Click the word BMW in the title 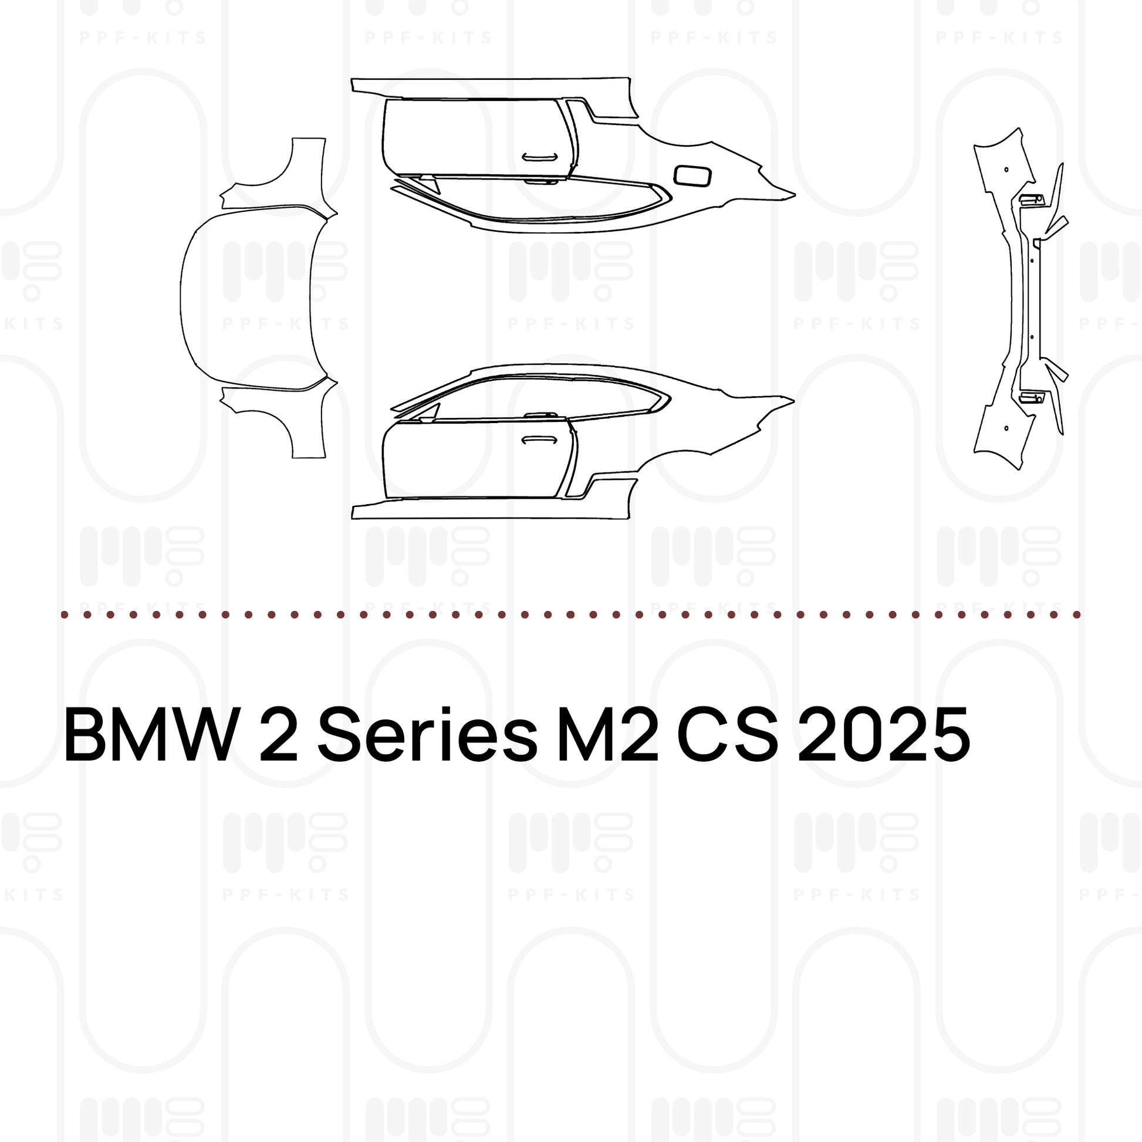coord(148,735)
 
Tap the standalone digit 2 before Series coord(278,735)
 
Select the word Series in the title coord(427,735)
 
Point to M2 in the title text coord(607,735)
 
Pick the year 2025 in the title coord(884,735)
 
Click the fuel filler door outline coord(692,175)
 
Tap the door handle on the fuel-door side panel coord(539,157)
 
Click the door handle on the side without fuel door coord(539,439)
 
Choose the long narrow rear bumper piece coord(1012,299)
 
